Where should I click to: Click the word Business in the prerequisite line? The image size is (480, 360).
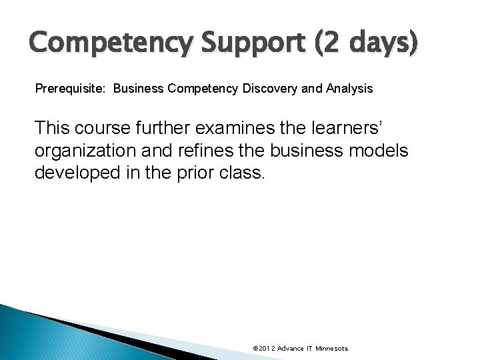coord(141,89)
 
